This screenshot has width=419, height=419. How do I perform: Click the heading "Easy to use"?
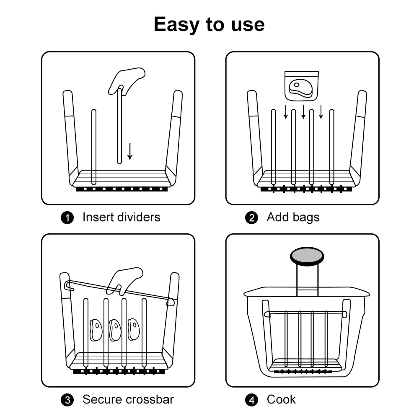point(209,25)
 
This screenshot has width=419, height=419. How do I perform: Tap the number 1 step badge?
point(67,217)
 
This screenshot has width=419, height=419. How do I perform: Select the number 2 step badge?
point(251,217)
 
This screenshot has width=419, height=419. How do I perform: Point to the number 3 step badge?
point(67,400)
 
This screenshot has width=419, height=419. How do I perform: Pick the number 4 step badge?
point(251,400)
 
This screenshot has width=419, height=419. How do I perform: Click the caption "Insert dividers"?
point(122,217)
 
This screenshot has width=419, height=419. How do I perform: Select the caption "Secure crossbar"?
point(128,399)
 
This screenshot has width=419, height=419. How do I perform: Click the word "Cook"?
point(281,399)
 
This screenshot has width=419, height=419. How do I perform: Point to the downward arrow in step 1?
point(130,152)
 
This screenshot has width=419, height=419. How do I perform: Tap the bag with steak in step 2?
point(301,86)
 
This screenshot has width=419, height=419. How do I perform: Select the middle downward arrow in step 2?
point(303,112)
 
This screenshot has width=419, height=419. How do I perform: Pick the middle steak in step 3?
point(115,330)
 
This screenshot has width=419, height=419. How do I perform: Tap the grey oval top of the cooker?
point(307,256)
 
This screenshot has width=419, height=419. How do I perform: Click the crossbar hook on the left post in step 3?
point(69,286)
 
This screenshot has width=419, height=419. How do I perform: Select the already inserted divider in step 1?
point(93,147)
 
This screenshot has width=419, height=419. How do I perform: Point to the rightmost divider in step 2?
point(331,147)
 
